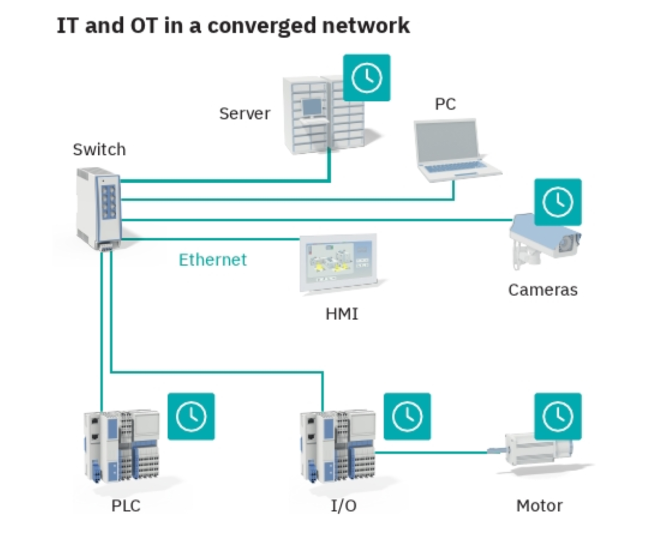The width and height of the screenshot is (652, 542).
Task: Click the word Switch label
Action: [x=99, y=150]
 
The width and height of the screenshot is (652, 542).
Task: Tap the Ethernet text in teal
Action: [x=212, y=260]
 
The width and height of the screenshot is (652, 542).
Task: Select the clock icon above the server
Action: [x=367, y=78]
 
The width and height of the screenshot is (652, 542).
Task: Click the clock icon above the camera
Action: [x=558, y=202]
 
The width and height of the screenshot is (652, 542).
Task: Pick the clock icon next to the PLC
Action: [x=191, y=416]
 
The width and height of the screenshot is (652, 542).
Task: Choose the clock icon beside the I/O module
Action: [x=407, y=416]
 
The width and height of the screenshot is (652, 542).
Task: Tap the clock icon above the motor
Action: [x=558, y=416]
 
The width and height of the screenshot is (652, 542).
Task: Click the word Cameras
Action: [x=542, y=290]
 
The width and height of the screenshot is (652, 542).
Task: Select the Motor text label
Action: [x=539, y=506]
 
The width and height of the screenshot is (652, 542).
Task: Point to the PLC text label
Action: [x=125, y=506]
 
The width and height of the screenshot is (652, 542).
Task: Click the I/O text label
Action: [x=343, y=506]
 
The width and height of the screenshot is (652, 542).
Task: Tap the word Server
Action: [x=244, y=113]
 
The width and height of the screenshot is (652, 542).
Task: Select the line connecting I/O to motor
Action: [x=433, y=452]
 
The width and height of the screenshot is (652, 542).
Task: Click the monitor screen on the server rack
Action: [x=312, y=107]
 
